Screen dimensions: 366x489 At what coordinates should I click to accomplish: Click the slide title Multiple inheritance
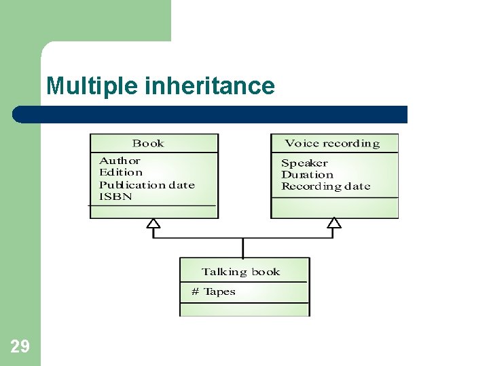pyautogui.click(x=160, y=86)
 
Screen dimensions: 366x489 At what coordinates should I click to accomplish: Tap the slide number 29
pyautogui.click(x=20, y=347)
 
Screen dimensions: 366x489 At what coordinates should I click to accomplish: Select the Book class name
pyautogui.click(x=148, y=143)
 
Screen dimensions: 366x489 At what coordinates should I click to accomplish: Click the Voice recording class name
pyautogui.click(x=332, y=143)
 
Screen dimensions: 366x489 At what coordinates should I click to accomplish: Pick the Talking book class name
pyautogui.click(x=240, y=272)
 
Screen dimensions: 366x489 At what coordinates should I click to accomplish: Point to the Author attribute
pyautogui.click(x=120, y=161)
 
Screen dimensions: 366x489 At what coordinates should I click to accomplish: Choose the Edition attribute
pyautogui.click(x=121, y=172)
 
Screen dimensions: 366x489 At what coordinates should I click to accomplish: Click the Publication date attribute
pyautogui.click(x=147, y=184)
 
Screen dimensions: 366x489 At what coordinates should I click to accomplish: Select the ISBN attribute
pyautogui.click(x=115, y=197)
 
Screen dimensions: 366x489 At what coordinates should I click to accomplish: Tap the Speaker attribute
pyautogui.click(x=304, y=163)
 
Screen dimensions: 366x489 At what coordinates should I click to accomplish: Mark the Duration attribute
pyautogui.click(x=307, y=174)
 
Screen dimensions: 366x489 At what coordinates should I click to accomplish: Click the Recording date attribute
pyautogui.click(x=325, y=186)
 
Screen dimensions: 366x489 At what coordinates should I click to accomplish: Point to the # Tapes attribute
pyautogui.click(x=213, y=291)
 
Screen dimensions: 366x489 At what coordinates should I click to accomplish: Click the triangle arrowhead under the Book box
pyautogui.click(x=153, y=223)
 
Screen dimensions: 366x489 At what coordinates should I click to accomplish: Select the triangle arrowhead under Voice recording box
pyautogui.click(x=334, y=223)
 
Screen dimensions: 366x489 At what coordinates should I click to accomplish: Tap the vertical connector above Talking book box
pyautogui.click(x=243, y=247)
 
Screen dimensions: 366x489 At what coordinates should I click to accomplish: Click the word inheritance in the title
pyautogui.click(x=210, y=86)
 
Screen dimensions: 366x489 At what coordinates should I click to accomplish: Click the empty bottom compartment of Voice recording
pyautogui.click(x=334, y=207)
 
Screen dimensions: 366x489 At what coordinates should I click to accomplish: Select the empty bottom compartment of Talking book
pyautogui.click(x=244, y=308)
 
